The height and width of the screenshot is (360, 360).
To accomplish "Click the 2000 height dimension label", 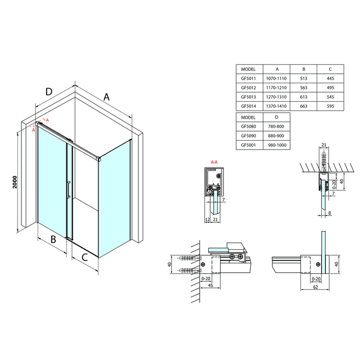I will pos(15,183).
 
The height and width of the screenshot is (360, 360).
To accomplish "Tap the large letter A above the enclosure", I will pos(106,97).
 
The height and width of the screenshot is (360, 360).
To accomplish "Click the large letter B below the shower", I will pos(53,239).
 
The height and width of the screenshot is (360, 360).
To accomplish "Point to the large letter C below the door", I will pos(85,258).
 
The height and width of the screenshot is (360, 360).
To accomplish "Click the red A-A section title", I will pos(214,163).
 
